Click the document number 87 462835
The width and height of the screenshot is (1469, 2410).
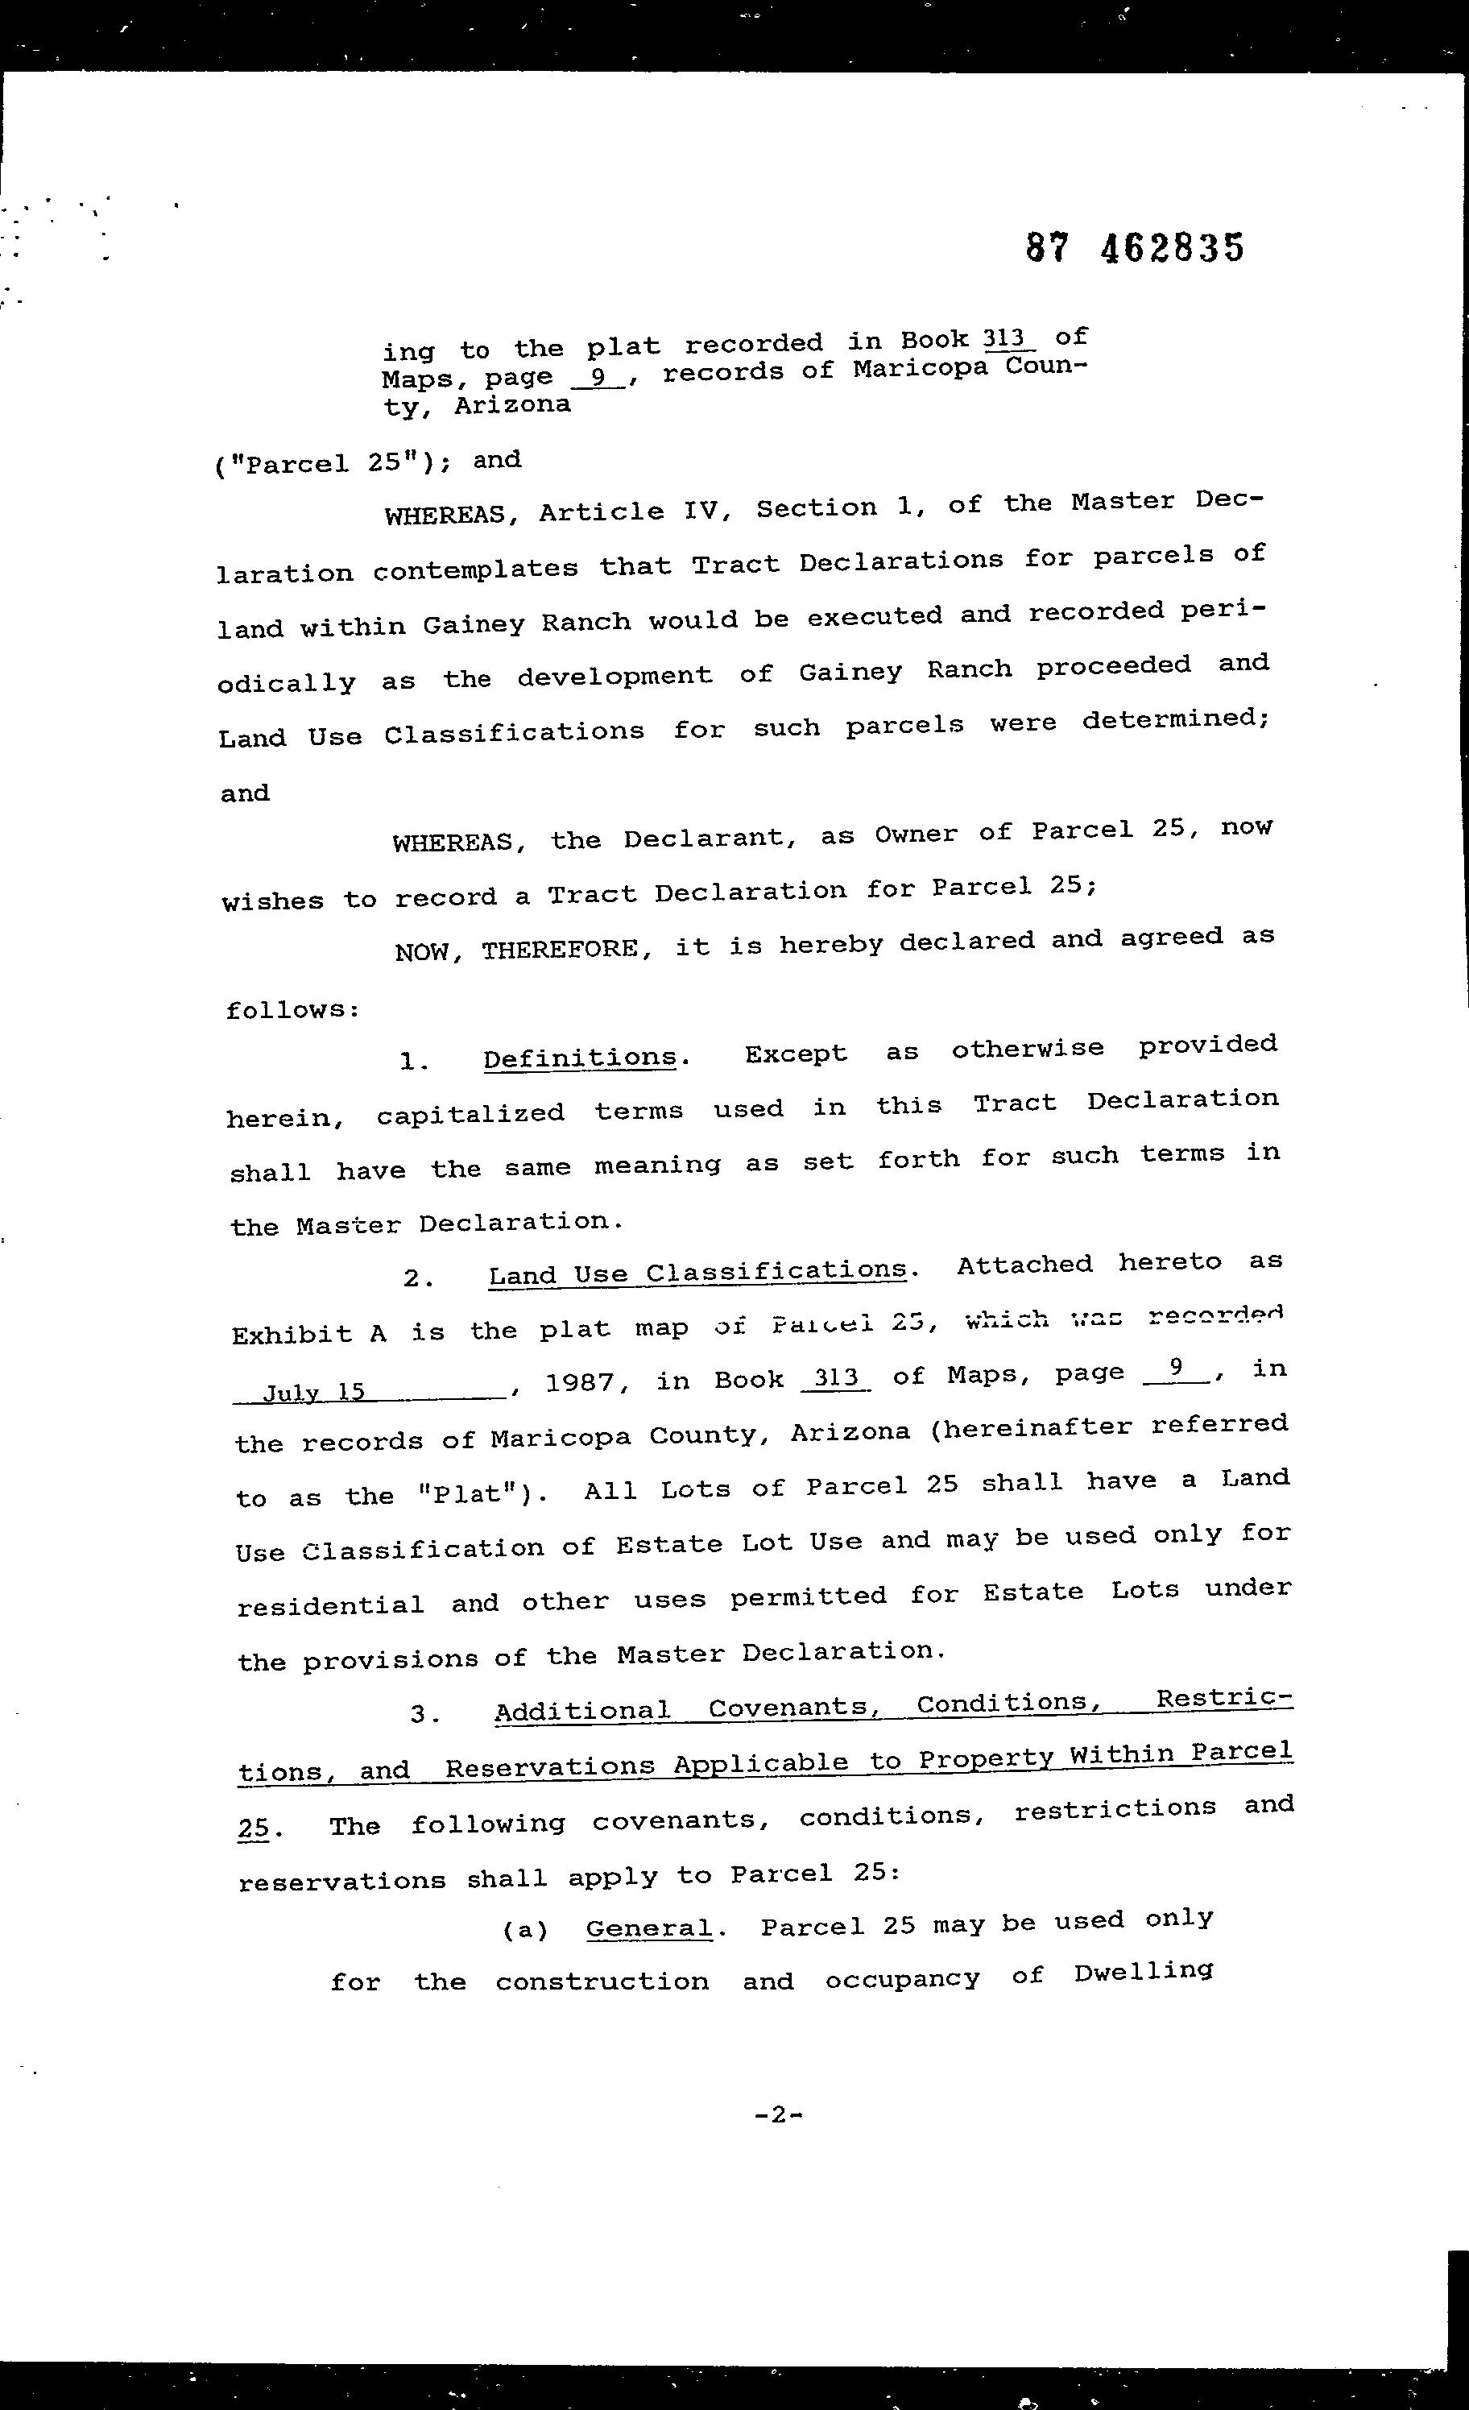pyautogui.click(x=1136, y=248)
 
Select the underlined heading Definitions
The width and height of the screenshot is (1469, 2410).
pyautogui.click(x=580, y=1058)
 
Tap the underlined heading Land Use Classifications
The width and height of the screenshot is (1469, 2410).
pyautogui.click(x=697, y=1273)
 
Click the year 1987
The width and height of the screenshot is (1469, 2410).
pyautogui.click(x=579, y=1383)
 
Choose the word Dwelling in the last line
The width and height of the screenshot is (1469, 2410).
pyautogui.click(x=1144, y=1971)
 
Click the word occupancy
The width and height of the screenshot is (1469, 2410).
pyautogui.click(x=902, y=1977)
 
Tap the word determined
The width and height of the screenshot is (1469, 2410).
pyautogui.click(x=1174, y=721)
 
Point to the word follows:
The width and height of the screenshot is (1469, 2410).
pyautogui.click(x=292, y=1010)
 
